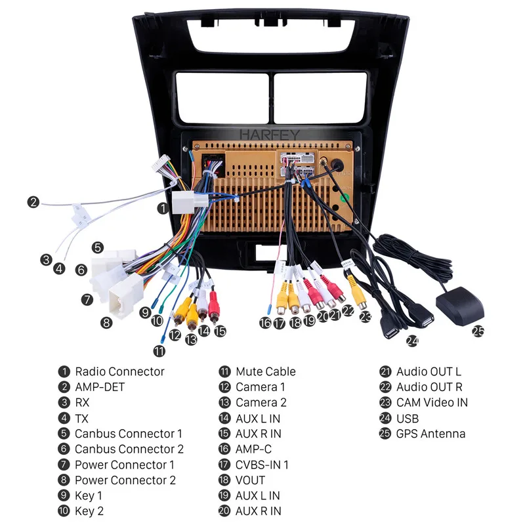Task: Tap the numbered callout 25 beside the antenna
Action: click(x=478, y=331)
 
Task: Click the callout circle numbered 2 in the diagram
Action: click(x=33, y=202)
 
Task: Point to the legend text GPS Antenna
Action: click(x=430, y=434)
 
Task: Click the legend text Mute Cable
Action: click(x=265, y=371)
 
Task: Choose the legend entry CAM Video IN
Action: click(x=432, y=402)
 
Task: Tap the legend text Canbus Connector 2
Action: click(x=129, y=449)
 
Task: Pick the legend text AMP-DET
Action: click(x=99, y=387)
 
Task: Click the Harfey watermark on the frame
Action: click(x=269, y=135)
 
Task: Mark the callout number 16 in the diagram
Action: click(x=264, y=323)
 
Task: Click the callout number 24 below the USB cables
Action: click(x=412, y=341)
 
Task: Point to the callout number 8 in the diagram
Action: click(x=106, y=322)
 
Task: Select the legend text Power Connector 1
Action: click(x=124, y=465)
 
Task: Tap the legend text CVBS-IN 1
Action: click(x=262, y=465)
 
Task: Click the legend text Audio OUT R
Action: click(x=429, y=387)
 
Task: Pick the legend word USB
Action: click(x=408, y=418)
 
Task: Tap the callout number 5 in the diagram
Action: click(x=97, y=247)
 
